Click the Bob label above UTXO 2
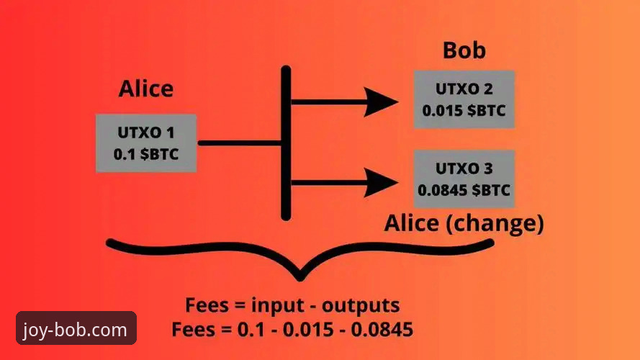[x=464, y=50]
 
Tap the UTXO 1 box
[x=146, y=143]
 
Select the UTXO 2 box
[x=464, y=99]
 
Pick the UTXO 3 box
[x=464, y=179]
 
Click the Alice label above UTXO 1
[x=146, y=89]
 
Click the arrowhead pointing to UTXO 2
[x=382, y=102]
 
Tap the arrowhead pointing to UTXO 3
[x=382, y=182]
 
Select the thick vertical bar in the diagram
[x=286, y=143]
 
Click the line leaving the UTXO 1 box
[x=240, y=143]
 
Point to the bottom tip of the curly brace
[x=300, y=280]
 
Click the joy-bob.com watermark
[x=76, y=328]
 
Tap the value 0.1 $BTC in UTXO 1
[x=146, y=154]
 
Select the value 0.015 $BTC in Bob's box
[x=464, y=111]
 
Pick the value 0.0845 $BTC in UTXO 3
[x=464, y=190]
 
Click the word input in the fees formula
[x=278, y=306]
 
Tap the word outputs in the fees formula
[x=361, y=306]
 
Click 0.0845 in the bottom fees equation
[x=382, y=329]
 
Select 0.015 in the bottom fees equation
[x=308, y=329]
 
